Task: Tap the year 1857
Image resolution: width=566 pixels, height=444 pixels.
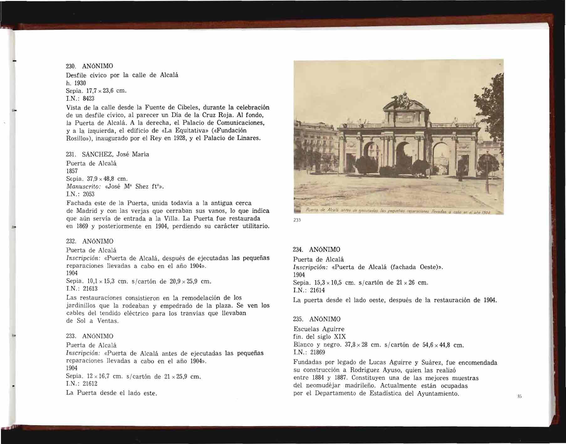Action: pos(72,171)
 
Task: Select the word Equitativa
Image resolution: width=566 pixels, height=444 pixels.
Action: pos(162,130)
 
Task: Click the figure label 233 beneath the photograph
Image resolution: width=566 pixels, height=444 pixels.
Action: pos(297,220)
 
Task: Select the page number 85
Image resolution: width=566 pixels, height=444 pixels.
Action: pos(519,396)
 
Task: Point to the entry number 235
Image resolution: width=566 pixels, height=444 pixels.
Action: pos(298,319)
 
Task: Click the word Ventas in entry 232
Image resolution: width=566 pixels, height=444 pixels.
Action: pos(107,321)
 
